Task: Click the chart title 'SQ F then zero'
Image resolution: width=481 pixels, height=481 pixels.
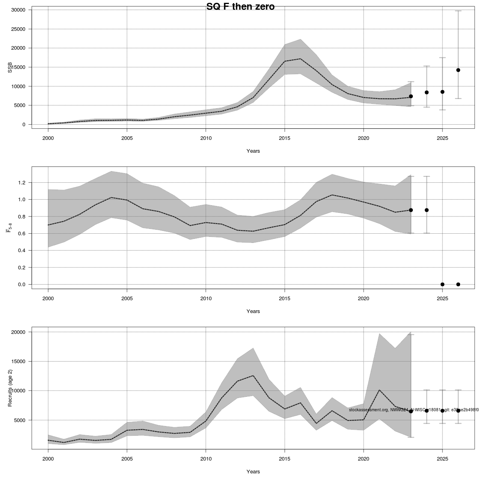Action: pos(240,6)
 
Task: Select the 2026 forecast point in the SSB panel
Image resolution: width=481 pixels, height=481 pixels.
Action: pos(458,70)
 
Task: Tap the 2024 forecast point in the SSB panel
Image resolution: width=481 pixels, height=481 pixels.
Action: pos(426,92)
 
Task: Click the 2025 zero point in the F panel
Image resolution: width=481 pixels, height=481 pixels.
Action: pos(442,284)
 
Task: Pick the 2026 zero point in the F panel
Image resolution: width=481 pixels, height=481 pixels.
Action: pos(458,284)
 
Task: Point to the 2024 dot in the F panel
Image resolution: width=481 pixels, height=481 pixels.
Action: pos(426,210)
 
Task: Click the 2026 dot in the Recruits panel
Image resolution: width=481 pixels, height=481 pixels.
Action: pos(458,410)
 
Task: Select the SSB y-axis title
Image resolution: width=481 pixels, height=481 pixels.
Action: pos(10,67)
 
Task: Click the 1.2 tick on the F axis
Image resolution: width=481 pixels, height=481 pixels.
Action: pos(22,183)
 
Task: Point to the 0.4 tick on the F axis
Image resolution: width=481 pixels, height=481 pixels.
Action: pos(22,251)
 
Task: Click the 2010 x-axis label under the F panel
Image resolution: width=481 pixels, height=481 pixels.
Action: pos(206,299)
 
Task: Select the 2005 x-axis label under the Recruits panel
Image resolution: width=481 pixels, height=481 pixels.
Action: pos(127,459)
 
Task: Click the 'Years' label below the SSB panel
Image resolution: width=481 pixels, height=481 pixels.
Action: pos(253,151)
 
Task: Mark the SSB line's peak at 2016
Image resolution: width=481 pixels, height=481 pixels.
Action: pos(300,59)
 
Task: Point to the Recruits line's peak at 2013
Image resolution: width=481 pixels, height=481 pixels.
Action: pos(253,376)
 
